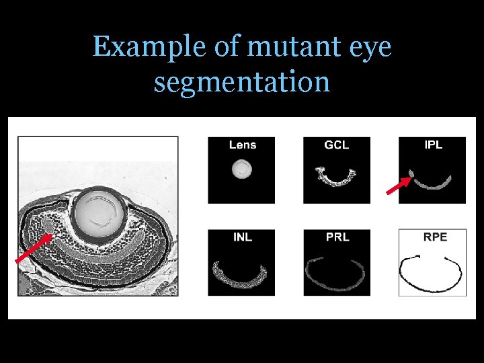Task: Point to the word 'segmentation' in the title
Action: [242, 82]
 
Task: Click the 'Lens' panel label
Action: [242, 145]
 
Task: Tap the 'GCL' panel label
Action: [337, 145]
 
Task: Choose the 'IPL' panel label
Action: [434, 145]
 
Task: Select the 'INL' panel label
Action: [242, 237]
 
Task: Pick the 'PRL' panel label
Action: [337, 237]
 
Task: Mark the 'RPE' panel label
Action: [435, 237]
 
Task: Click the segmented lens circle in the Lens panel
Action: [241, 169]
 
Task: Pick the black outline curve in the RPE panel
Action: [430, 286]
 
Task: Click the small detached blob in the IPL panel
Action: [411, 176]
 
